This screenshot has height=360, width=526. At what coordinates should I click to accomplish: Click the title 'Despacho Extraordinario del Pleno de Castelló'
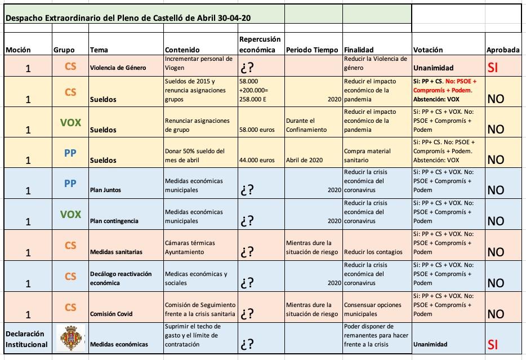(128, 18)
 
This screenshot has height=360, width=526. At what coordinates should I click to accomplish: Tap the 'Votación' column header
(427, 50)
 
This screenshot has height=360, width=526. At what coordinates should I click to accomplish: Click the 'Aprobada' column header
(503, 50)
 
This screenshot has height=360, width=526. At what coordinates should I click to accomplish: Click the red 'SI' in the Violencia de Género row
(493, 68)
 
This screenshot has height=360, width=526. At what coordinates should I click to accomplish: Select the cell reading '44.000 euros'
(257, 160)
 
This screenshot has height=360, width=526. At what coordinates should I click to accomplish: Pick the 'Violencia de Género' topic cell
(118, 68)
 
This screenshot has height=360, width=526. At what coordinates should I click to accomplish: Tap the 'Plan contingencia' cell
(114, 221)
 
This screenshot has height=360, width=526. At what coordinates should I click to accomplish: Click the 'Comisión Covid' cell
(111, 314)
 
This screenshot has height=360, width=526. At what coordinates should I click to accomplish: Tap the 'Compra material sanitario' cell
(366, 155)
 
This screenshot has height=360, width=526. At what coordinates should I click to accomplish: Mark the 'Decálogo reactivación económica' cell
(121, 278)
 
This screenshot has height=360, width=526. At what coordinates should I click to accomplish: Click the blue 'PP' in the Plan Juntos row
(70, 184)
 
